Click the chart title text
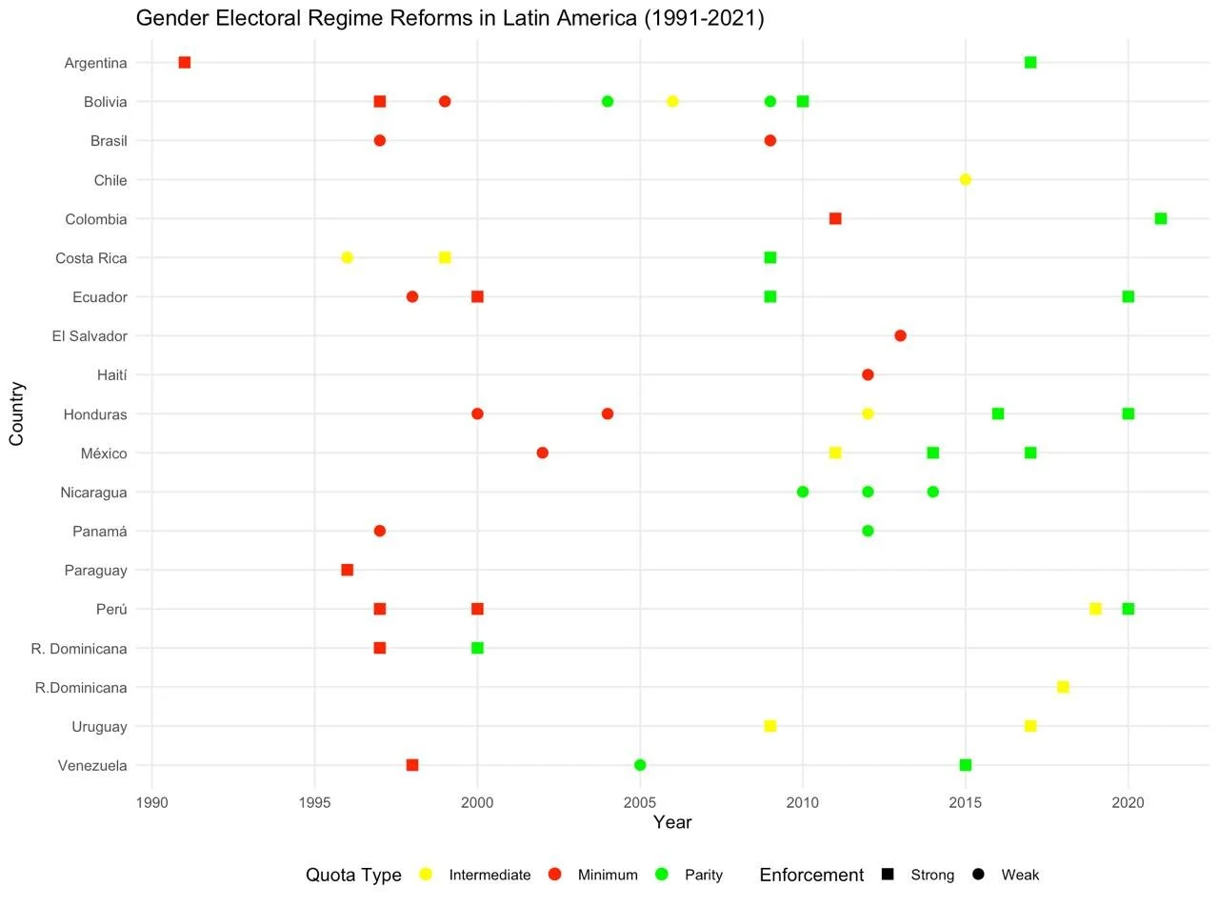click(450, 18)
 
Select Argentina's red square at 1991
click(185, 63)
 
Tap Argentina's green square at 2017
click(1030, 63)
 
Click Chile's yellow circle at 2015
click(966, 180)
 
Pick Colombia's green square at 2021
click(1161, 219)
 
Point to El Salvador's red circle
click(900, 335)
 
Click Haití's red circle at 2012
click(868, 374)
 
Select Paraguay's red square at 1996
click(348, 570)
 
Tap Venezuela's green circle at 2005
click(640, 765)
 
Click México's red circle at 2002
click(543, 453)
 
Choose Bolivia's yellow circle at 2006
click(672, 102)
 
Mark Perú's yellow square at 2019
click(1095, 609)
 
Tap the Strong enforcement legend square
click(888, 875)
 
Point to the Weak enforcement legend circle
click(978, 875)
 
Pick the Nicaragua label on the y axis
click(92, 493)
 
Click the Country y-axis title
click(16, 413)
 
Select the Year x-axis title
click(672, 822)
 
